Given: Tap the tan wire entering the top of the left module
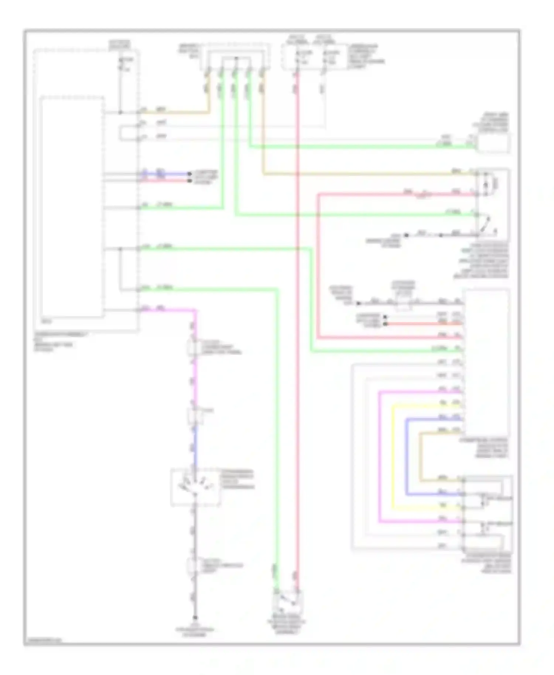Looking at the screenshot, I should pyautogui.click(x=174, y=112).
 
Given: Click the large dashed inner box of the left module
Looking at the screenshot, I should pyautogui.click(x=72, y=207).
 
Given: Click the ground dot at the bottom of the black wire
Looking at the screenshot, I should pyautogui.click(x=195, y=617).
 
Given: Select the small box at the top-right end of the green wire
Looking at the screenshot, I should pyautogui.click(x=493, y=143).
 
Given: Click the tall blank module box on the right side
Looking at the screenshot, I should pyautogui.click(x=487, y=362).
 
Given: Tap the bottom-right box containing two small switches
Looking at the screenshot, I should pyautogui.click(x=487, y=511).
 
